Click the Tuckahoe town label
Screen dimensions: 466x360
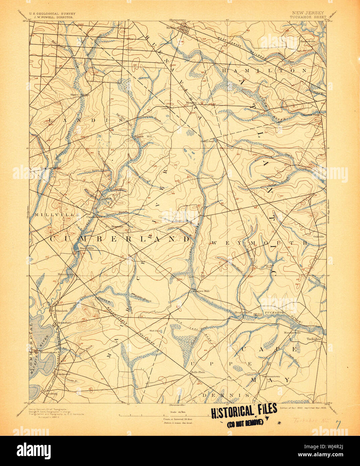tap(314, 339)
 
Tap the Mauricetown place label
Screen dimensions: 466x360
tap(45, 353)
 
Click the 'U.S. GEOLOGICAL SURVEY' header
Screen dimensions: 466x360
tap(52, 13)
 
